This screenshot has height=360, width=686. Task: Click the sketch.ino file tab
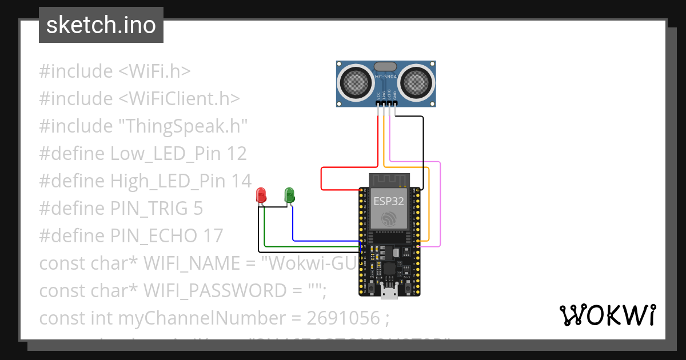coord(101,25)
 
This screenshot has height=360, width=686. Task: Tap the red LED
coord(261,195)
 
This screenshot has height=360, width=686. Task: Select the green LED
coord(289,194)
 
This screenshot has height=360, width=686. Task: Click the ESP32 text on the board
coord(389,201)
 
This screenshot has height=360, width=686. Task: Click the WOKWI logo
coord(607,315)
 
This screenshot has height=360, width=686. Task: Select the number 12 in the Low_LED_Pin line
coord(236,154)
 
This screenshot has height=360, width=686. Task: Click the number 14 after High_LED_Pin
coord(241,181)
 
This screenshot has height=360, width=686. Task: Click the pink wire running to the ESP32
coord(440,206)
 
